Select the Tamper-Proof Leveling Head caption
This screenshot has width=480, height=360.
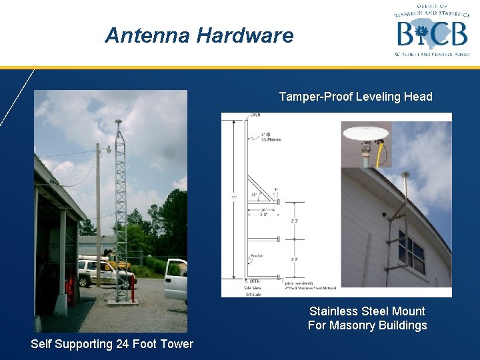tap(355, 97)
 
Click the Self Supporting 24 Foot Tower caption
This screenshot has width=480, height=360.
tap(112, 344)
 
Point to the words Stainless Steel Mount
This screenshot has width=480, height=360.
tap(367, 311)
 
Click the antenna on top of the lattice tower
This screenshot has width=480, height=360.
tap(118, 123)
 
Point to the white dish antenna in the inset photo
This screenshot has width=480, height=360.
tap(366, 131)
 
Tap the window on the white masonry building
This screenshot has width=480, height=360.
tap(411, 251)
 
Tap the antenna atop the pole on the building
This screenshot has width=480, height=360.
tap(405, 175)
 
